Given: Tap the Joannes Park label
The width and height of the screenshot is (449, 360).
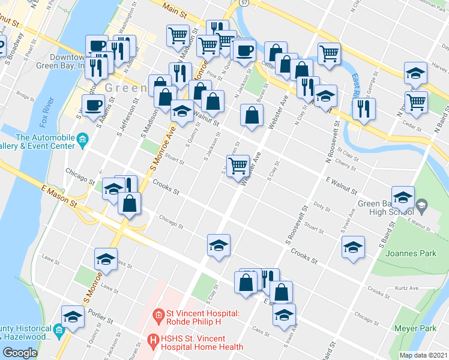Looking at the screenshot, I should (415, 253).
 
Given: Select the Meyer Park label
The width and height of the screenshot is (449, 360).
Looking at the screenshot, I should (415, 328).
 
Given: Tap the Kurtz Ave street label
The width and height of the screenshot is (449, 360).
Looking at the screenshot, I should (406, 288).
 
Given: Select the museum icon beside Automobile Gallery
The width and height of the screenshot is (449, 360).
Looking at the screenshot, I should (82, 140).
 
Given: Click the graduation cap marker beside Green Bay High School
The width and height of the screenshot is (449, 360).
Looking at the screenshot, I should (403, 197).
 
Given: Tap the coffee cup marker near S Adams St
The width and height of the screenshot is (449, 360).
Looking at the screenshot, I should (93, 106).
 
